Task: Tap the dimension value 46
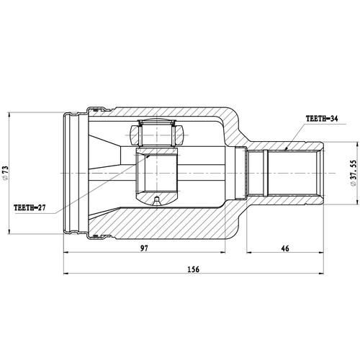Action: tap(286, 248)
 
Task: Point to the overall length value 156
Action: tap(192, 269)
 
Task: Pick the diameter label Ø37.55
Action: tap(354, 174)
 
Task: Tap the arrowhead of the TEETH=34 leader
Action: tap(286, 149)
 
